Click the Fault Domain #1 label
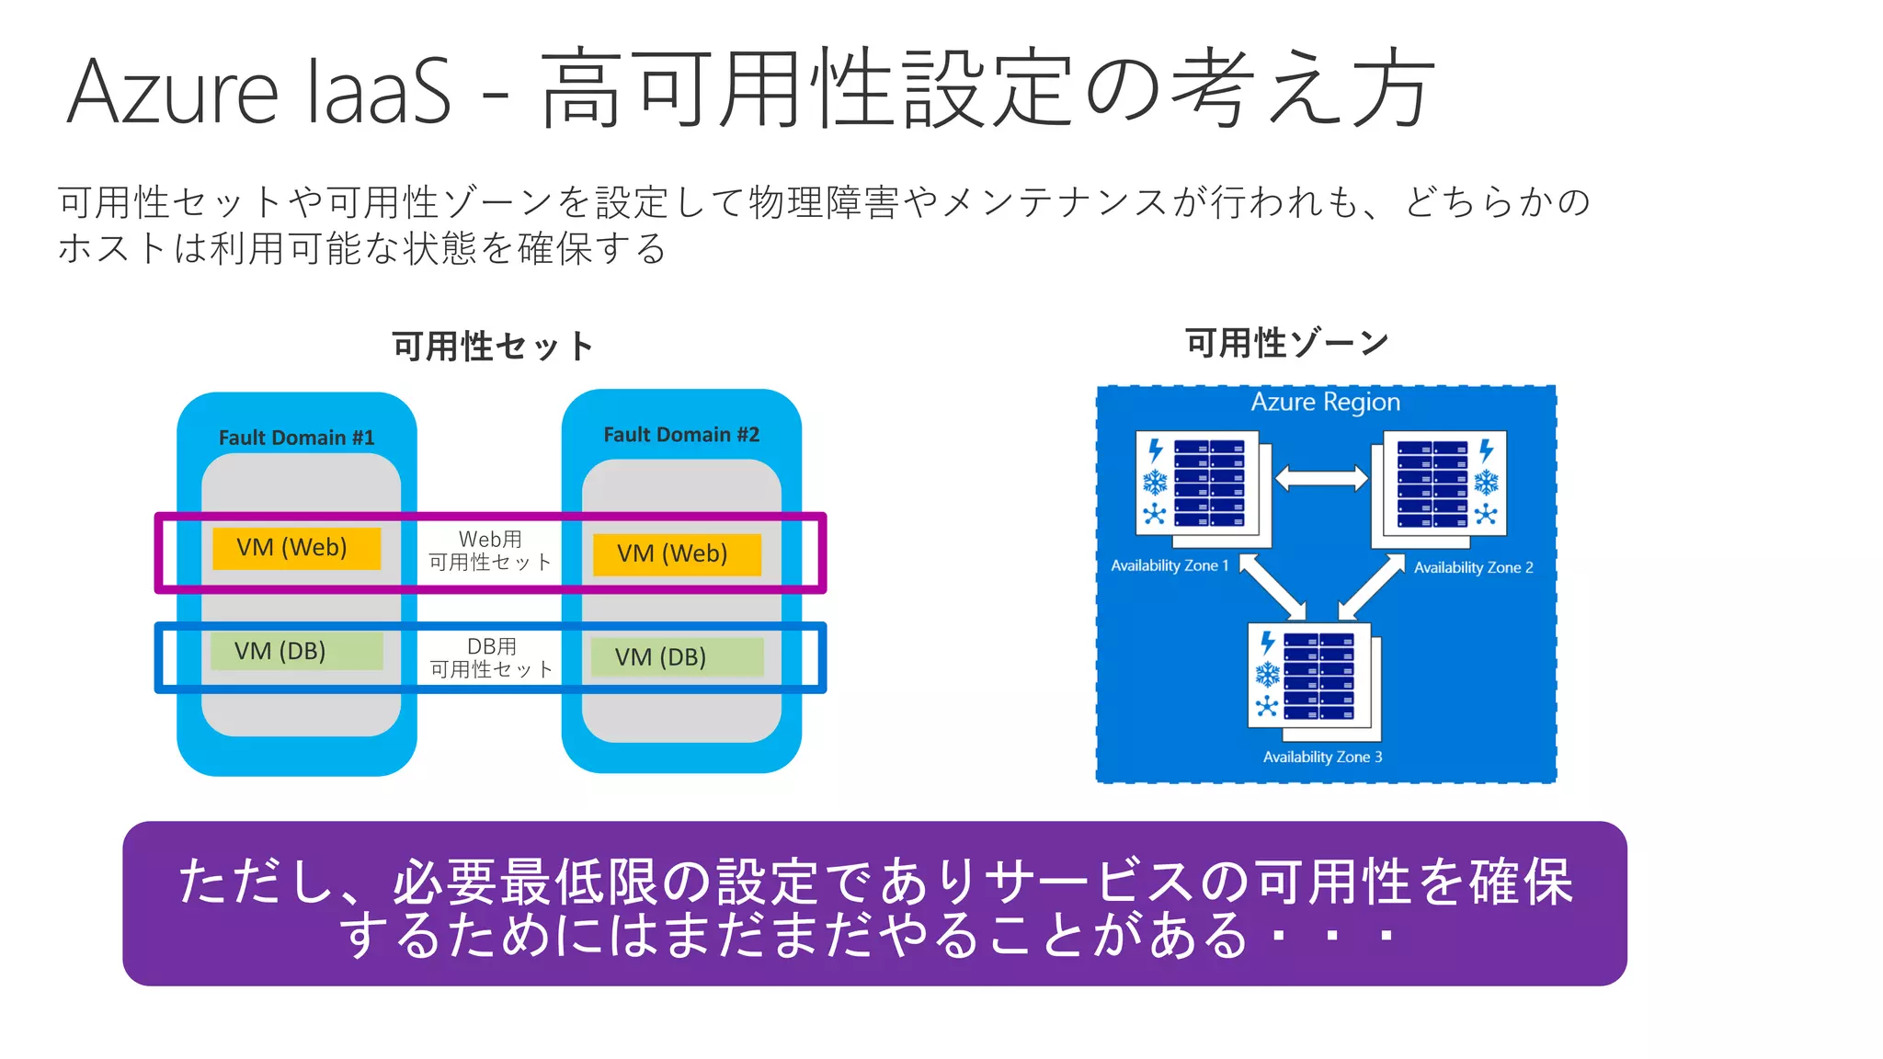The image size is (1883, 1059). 296,438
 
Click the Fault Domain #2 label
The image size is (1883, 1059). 681,435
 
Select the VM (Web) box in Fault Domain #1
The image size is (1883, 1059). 296,548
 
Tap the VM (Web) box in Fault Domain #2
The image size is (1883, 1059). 677,554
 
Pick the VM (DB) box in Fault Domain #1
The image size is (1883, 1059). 296,651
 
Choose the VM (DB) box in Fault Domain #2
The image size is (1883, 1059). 677,657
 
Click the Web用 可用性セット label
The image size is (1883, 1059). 490,551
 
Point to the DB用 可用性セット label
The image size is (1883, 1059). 492,658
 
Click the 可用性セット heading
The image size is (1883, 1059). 493,347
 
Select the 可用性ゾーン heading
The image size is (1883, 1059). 1286,343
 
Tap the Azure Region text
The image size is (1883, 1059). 1325,402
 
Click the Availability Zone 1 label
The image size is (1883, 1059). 1170,565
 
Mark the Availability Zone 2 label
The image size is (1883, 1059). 1473,568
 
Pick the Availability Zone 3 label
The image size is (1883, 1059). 1322,757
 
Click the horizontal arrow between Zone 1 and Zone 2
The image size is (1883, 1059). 1321,478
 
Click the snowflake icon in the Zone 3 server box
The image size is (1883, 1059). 1268,675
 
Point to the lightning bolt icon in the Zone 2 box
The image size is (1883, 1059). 1487,451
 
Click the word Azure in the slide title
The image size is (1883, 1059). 173,92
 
